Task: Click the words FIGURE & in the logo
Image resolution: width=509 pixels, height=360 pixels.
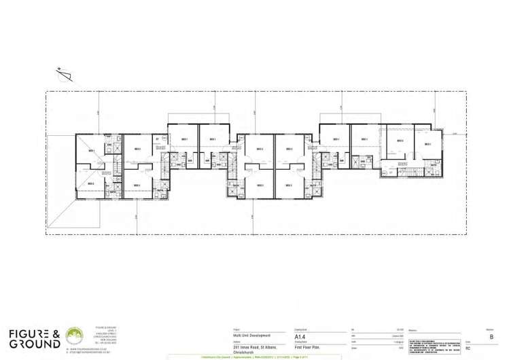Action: tap(34, 334)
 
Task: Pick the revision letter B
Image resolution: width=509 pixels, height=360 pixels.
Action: tap(491, 336)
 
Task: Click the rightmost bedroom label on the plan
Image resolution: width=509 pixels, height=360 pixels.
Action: tap(428, 143)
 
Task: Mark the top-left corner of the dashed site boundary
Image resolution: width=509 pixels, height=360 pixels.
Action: tap(46, 91)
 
